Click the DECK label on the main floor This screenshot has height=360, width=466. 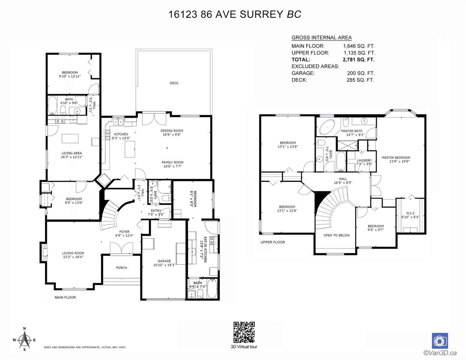tap(174, 83)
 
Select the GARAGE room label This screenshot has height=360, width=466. tap(164, 261)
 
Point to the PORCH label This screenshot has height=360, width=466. tap(122, 268)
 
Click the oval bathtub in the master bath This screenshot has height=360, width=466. tap(327, 127)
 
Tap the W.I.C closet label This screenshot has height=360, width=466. tap(410, 213)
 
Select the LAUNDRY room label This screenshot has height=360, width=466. tap(364, 160)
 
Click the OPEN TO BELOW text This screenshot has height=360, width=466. tap(337, 235)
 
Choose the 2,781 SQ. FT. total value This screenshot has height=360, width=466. tap(359, 60)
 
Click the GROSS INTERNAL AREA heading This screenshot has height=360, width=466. tap(322, 37)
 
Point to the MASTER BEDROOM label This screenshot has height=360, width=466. tap(396, 157)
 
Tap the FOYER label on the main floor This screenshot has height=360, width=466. tap(125, 232)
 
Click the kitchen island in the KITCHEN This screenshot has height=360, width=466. tap(130, 149)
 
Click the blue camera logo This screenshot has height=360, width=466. tap(440, 341)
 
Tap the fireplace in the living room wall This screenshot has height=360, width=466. tap(44, 252)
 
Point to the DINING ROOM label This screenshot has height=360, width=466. tap(172, 130)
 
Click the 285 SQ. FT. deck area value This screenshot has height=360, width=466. tap(360, 80)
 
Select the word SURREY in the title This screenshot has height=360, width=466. tap(262, 14)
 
